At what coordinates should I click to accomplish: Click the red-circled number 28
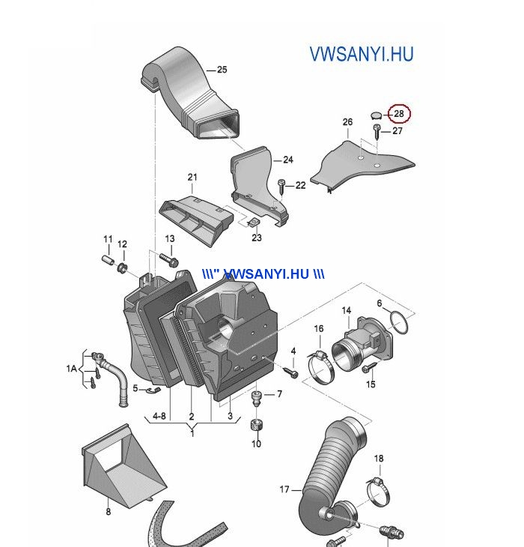[398, 114]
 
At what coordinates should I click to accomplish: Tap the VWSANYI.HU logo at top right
[362, 54]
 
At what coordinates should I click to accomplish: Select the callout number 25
[222, 70]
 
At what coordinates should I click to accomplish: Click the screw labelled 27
[377, 131]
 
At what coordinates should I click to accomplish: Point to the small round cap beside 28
[377, 115]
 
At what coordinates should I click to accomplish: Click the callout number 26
[347, 121]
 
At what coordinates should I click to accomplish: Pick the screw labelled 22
[281, 187]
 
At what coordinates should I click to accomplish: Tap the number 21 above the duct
[192, 178]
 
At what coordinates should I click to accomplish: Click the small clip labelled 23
[253, 222]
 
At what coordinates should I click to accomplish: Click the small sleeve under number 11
[108, 260]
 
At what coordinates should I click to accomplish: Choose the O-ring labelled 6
[399, 323]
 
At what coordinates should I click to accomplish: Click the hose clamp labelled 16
[320, 366]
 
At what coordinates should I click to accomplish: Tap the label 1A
[71, 368]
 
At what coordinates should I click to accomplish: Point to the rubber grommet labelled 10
[257, 425]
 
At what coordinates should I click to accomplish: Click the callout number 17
[284, 489]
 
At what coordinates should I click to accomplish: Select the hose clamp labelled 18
[378, 492]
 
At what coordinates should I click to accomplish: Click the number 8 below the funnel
[109, 512]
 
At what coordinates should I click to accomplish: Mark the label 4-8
[159, 416]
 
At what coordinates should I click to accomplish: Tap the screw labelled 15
[369, 368]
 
